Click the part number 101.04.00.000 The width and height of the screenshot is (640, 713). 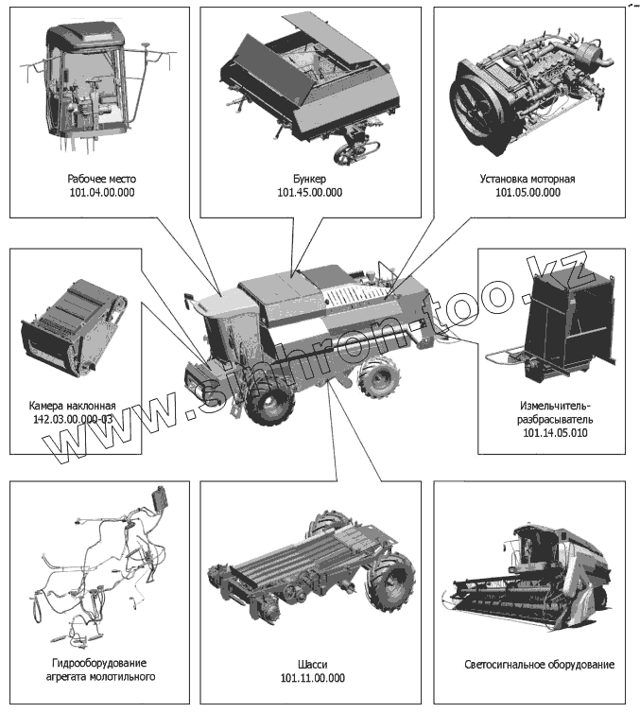[x=101, y=193]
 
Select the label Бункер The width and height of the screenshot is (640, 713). [x=309, y=178]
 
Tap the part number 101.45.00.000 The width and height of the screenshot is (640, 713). [x=309, y=193]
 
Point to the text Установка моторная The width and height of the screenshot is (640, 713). [x=527, y=178]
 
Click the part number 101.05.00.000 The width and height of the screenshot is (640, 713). [x=527, y=193]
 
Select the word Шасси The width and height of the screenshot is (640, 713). [x=312, y=663]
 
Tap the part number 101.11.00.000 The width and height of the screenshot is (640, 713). [x=312, y=678]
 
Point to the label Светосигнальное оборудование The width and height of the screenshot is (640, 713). [x=539, y=664]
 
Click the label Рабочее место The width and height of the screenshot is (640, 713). [x=101, y=178]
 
